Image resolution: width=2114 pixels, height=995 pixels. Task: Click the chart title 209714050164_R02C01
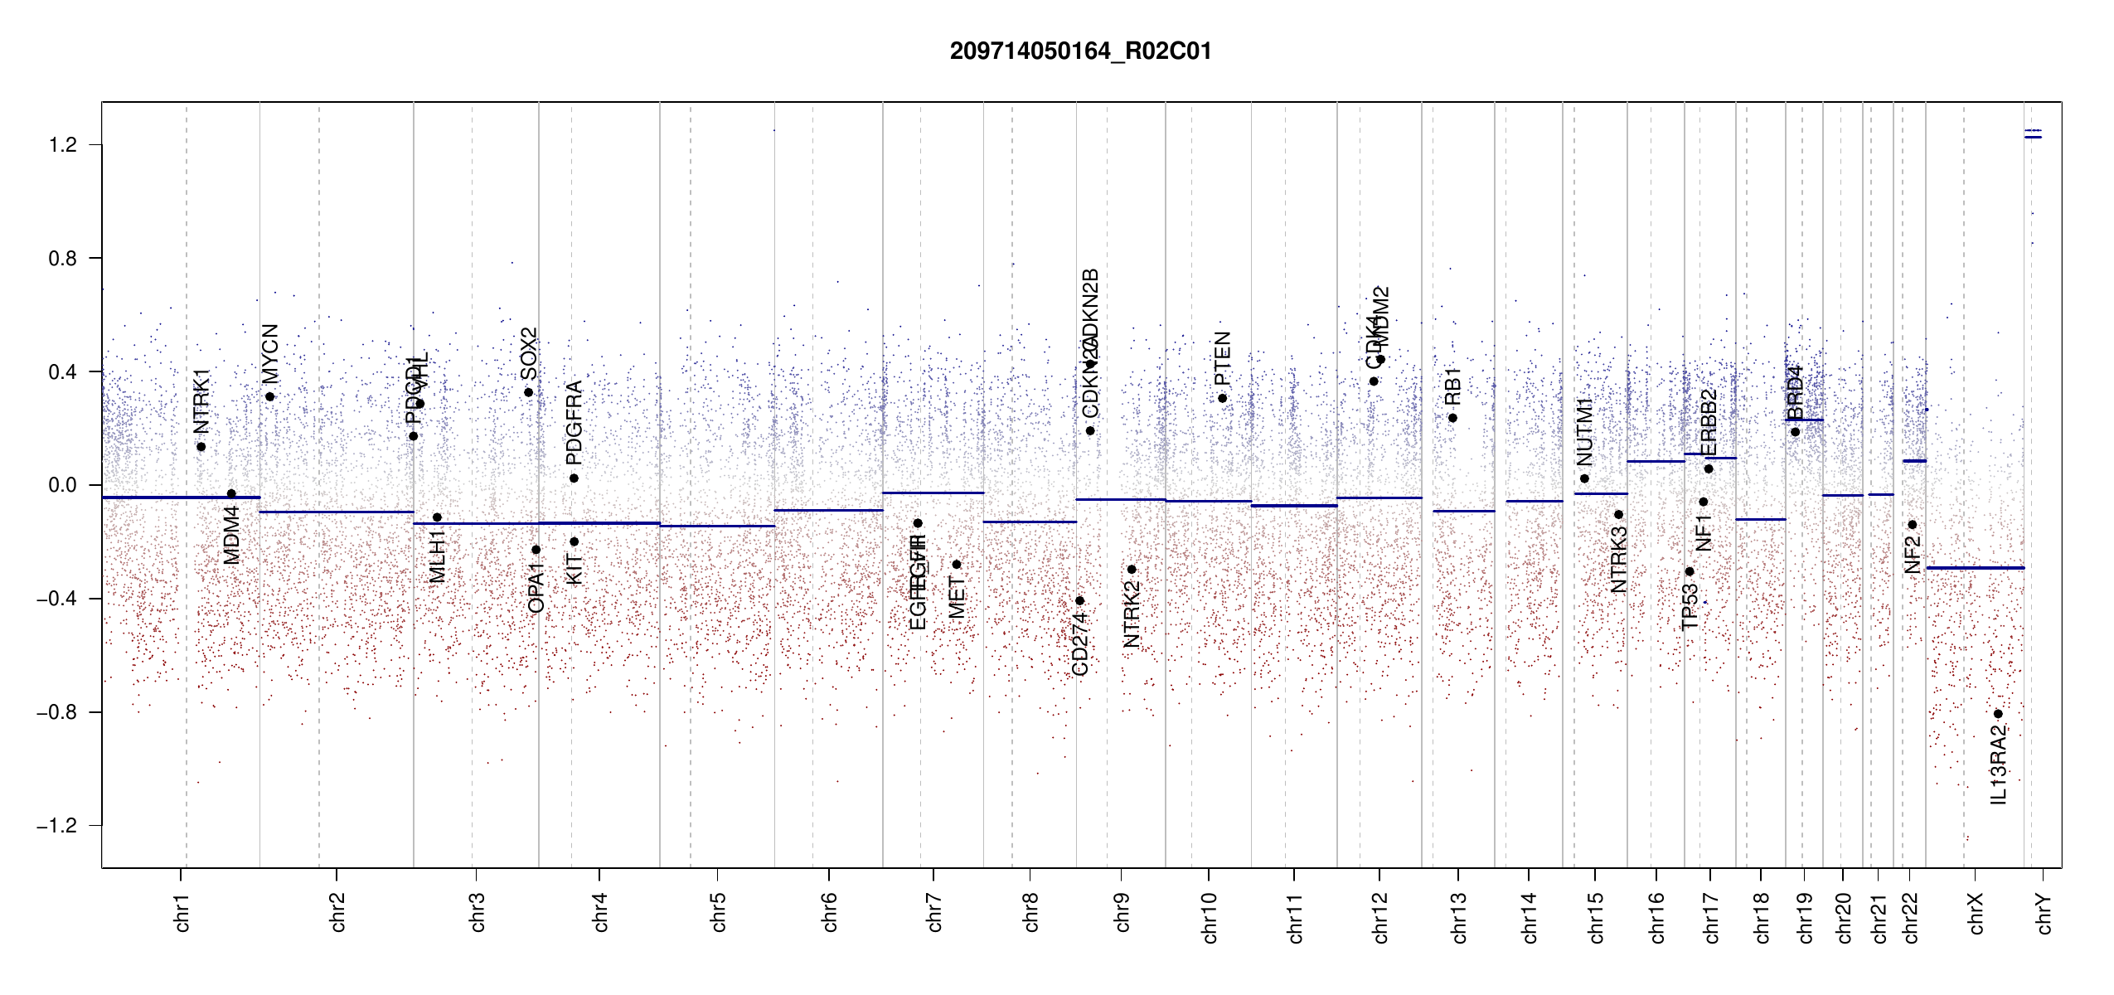pyautogui.click(x=1080, y=51)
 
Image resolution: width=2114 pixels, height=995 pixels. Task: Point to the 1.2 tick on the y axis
pyautogui.click(x=63, y=145)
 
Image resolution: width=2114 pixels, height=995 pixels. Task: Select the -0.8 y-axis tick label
pyautogui.click(x=57, y=712)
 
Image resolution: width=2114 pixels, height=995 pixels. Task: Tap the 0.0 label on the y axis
pyautogui.click(x=63, y=485)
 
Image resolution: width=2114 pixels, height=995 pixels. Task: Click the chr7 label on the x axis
pyautogui.click(x=934, y=912)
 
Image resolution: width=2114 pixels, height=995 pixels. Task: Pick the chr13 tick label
pyautogui.click(x=1458, y=917)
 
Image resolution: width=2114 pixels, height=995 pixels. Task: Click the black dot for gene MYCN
pyautogui.click(x=269, y=396)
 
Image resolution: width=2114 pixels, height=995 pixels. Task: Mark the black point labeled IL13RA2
pyautogui.click(x=1998, y=714)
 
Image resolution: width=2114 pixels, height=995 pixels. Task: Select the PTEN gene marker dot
pyautogui.click(x=1222, y=399)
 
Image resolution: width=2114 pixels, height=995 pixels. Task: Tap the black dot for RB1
pyautogui.click(x=1452, y=418)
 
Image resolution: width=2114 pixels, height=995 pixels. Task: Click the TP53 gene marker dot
pyautogui.click(x=1690, y=571)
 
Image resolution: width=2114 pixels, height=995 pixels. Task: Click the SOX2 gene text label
pyautogui.click(x=529, y=354)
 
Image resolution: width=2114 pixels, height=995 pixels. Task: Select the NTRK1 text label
pyautogui.click(x=201, y=401)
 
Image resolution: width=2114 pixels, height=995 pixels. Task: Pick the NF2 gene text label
pyautogui.click(x=1913, y=555)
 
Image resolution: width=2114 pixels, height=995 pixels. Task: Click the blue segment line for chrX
pyautogui.click(x=1975, y=568)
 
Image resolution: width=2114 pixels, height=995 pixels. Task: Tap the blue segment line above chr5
pyautogui.click(x=717, y=526)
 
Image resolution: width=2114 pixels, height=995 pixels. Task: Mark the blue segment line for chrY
pyautogui.click(x=2033, y=137)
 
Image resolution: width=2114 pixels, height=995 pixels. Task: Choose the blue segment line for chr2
pyautogui.click(x=337, y=512)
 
